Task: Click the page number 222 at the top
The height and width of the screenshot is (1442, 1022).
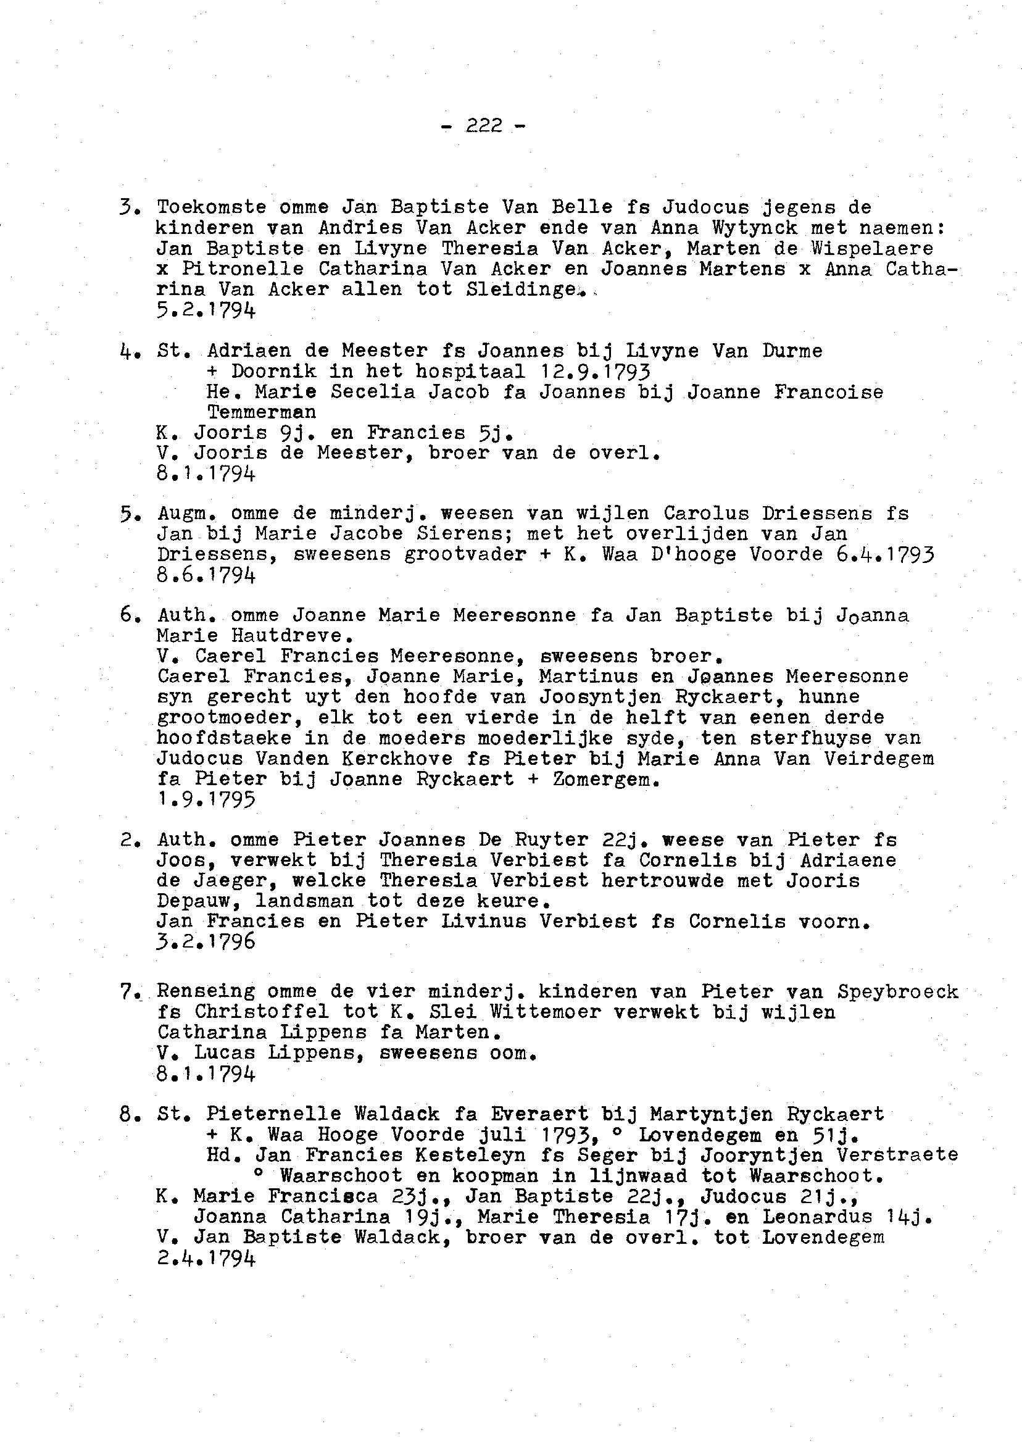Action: click(x=484, y=127)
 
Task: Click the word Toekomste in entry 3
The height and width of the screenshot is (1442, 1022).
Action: click(x=212, y=207)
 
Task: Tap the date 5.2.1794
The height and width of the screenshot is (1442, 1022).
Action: click(x=206, y=310)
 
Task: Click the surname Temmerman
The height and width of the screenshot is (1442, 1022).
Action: click(x=261, y=412)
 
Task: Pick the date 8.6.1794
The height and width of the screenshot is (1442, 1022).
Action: click(x=206, y=575)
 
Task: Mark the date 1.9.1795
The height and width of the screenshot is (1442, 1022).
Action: click(x=206, y=800)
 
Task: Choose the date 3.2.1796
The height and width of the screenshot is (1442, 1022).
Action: click(x=206, y=941)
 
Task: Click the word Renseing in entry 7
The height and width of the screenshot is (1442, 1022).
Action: click(x=206, y=991)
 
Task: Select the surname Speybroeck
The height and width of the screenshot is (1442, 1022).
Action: click(x=897, y=991)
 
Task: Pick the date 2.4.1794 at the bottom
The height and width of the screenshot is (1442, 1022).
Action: click(x=206, y=1257)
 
